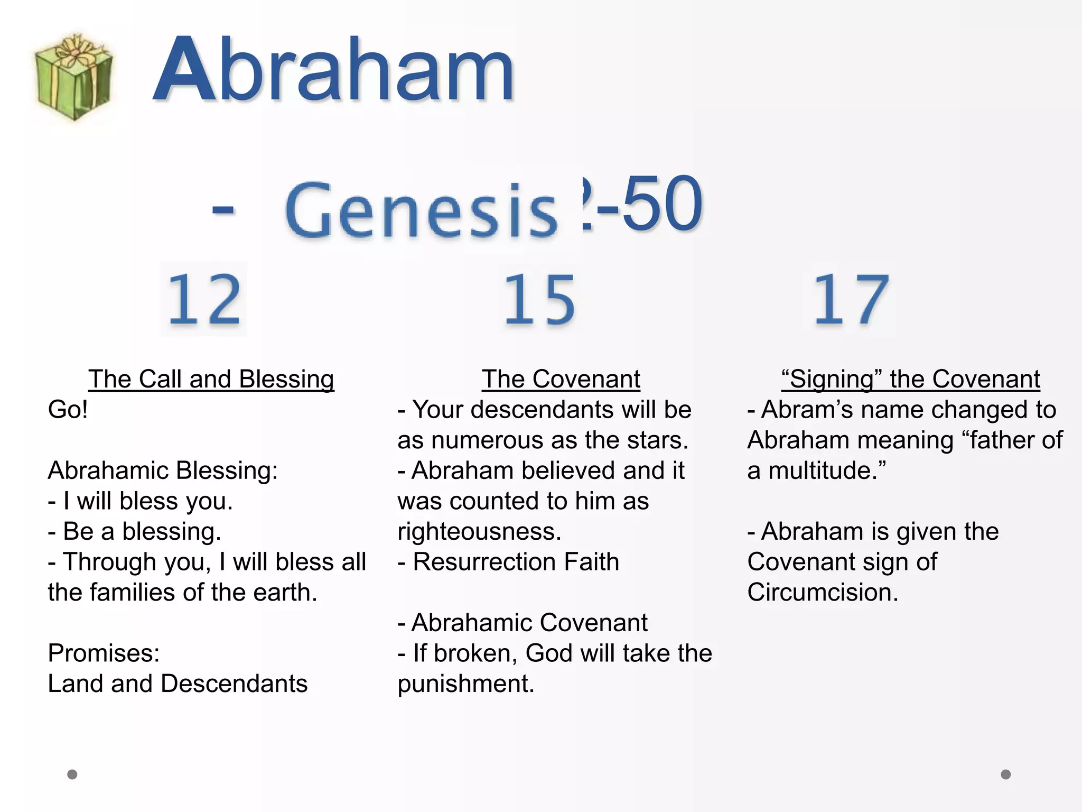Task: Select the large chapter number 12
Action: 204,299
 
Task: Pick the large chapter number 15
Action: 539,299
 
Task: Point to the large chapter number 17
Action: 851,299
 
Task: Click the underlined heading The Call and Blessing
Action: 211,379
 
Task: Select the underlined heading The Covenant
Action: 561,379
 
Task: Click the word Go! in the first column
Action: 68,410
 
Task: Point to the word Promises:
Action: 104,653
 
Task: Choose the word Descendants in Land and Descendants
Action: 234,684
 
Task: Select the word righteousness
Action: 479,531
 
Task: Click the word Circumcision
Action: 822,592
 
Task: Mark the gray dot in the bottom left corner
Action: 72,774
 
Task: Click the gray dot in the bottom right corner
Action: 1006,774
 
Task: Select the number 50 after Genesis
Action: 663,204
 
